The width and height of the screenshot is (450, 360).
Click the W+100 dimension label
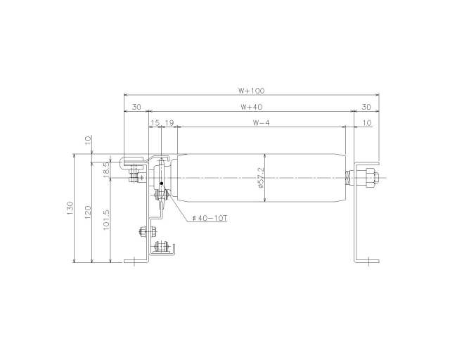click(x=252, y=91)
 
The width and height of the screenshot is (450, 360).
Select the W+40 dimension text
click(x=252, y=107)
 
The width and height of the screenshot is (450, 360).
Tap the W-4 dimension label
click(x=261, y=123)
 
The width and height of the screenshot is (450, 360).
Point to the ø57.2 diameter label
click(x=261, y=178)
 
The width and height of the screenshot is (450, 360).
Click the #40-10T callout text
click(x=210, y=219)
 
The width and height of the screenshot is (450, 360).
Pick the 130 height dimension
click(x=70, y=208)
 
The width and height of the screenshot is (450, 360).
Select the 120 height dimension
click(x=88, y=212)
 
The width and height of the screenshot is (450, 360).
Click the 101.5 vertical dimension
click(x=106, y=220)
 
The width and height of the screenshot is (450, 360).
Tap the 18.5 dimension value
click(x=106, y=168)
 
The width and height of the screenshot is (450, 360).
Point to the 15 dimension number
click(x=155, y=123)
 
